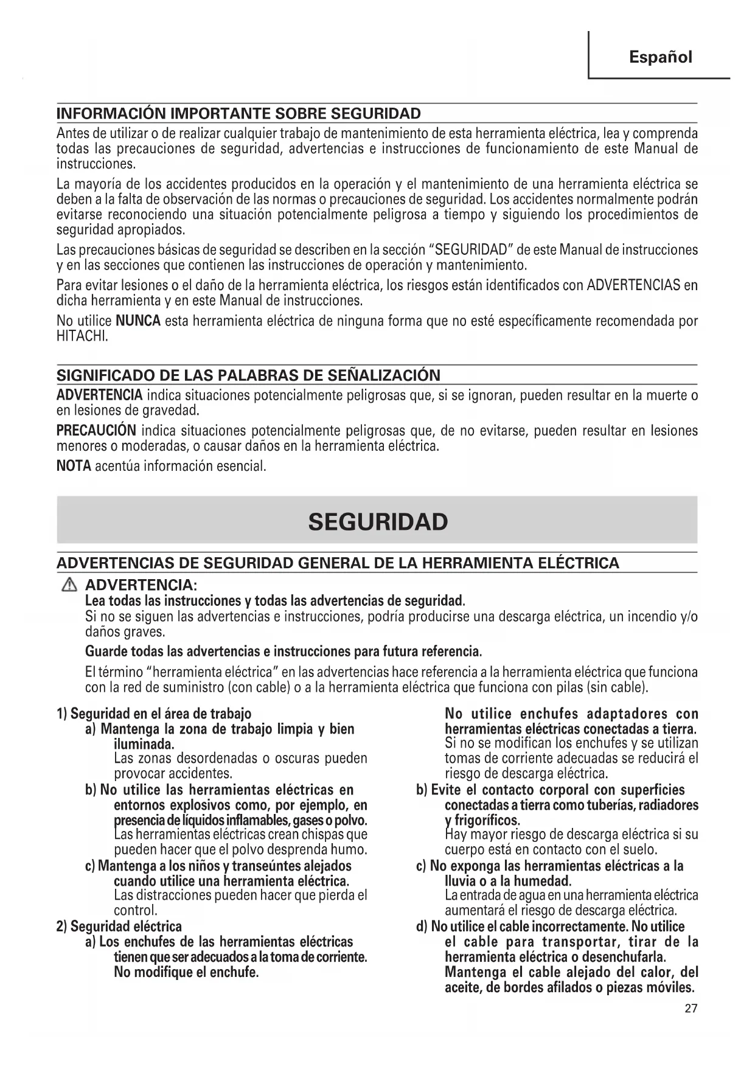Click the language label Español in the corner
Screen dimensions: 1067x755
[660, 57]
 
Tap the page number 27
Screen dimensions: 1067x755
[691, 1008]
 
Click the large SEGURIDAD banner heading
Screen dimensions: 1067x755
[378, 521]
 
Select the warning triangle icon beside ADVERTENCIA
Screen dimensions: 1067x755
[70, 585]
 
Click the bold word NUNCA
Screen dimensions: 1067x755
[138, 321]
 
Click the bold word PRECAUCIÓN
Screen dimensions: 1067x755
[96, 431]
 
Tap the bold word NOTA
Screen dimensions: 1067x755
[74, 466]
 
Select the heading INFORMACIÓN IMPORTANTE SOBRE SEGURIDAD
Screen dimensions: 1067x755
[238, 114]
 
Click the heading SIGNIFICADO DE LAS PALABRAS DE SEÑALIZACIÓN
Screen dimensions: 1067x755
[248, 375]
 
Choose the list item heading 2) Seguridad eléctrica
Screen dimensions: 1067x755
[119, 926]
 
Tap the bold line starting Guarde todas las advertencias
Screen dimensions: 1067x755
[284, 652]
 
